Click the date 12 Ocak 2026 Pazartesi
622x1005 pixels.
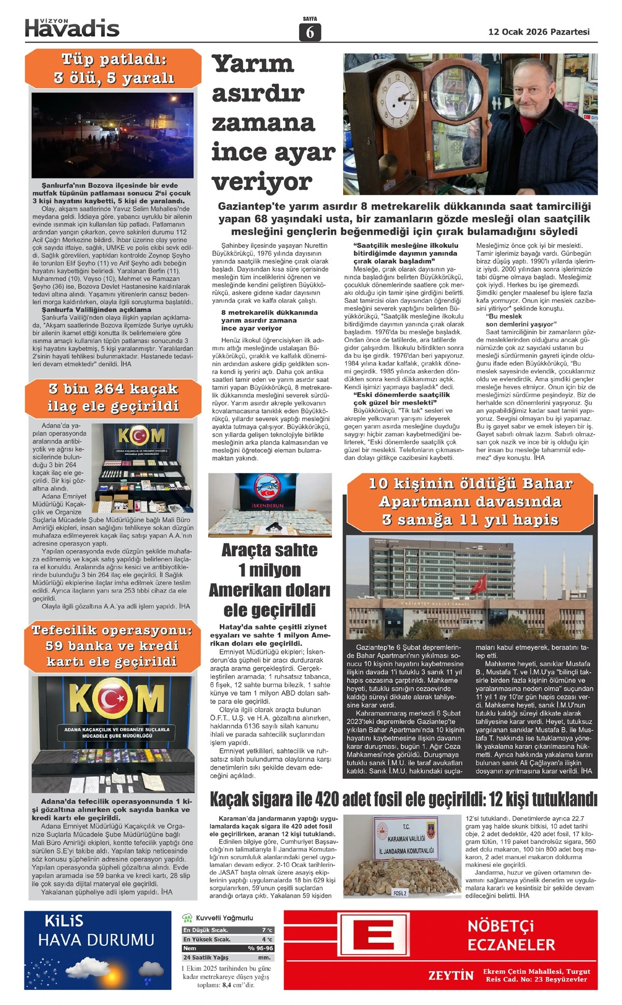click(x=539, y=32)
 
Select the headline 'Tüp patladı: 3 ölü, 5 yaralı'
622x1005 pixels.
click(x=114, y=68)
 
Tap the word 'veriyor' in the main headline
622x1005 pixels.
click(x=262, y=182)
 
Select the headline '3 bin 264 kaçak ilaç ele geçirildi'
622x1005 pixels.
click(x=113, y=397)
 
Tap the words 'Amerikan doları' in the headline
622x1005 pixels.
click(x=270, y=590)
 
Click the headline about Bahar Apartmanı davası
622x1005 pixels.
click(x=470, y=501)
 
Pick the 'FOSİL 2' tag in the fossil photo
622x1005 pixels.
click(x=400, y=893)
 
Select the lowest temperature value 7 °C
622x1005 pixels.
click(x=267, y=930)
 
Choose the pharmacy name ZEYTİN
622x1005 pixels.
click(x=450, y=975)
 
